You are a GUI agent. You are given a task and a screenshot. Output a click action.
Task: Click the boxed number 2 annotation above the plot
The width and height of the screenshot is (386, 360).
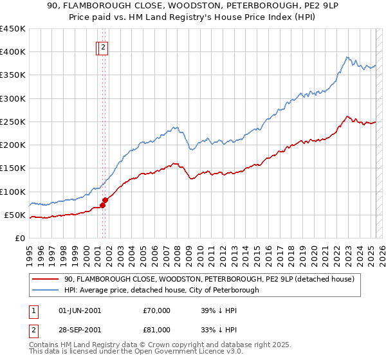tap(103, 47)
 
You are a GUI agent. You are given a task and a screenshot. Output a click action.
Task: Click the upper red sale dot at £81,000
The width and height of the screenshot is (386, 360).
tap(105, 201)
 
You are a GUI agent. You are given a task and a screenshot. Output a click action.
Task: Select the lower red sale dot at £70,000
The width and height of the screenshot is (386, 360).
tap(102, 206)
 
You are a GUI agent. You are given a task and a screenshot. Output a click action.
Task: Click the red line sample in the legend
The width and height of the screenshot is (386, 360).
tap(45, 279)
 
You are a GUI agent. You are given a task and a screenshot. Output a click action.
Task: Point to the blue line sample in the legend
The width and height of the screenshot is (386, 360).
tap(45, 290)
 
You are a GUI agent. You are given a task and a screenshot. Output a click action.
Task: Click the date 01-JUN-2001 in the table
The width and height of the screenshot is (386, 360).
tap(80, 310)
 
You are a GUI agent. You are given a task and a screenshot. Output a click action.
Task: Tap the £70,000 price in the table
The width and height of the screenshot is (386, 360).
tap(157, 310)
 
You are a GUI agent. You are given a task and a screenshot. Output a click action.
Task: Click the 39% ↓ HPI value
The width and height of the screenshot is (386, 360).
tap(219, 310)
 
